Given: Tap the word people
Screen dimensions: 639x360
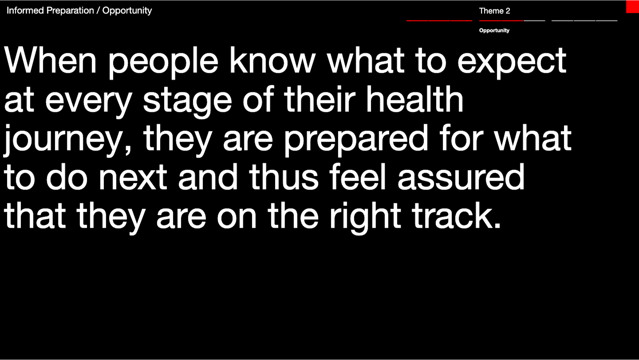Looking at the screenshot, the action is point(163,63).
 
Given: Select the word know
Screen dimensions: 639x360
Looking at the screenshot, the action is point(273,60).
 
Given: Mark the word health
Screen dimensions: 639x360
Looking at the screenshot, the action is point(415,99).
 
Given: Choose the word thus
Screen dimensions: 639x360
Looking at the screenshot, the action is point(284,177).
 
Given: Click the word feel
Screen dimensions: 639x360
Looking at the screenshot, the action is point(358,177).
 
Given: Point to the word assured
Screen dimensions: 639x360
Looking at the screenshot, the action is point(461,177).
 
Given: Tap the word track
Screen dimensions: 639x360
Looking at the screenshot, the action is point(457,216).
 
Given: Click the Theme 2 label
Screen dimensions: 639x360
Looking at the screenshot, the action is point(495,11).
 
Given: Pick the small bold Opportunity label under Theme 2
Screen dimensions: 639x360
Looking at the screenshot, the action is point(494,31).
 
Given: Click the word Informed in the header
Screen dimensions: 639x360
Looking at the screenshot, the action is point(25,11).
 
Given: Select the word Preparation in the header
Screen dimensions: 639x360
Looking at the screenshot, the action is point(70,11).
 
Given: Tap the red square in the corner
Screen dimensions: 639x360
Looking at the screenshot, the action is point(632,7).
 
